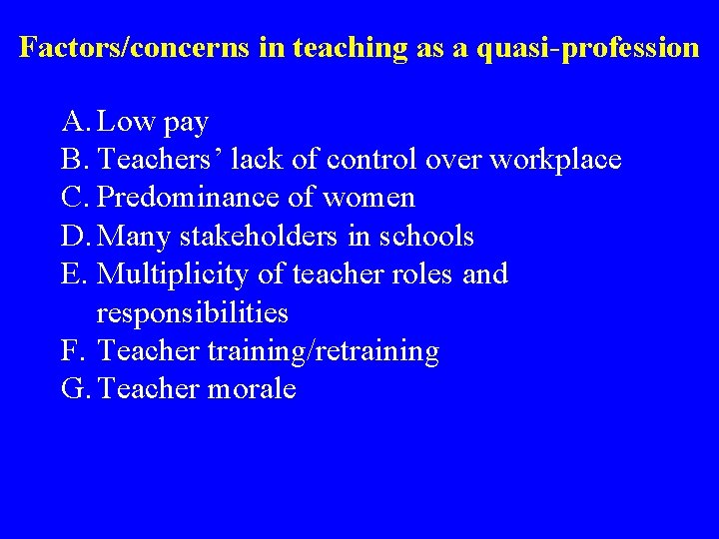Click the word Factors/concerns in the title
pos(136,48)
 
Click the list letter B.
pos(74,161)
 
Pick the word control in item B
pos(372,161)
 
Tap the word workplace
pos(555,161)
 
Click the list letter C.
pos(74,199)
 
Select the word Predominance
pos(194,199)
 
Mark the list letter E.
pos(74,274)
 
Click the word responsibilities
pos(192,313)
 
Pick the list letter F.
pos(72,351)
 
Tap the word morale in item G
pos(252,389)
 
